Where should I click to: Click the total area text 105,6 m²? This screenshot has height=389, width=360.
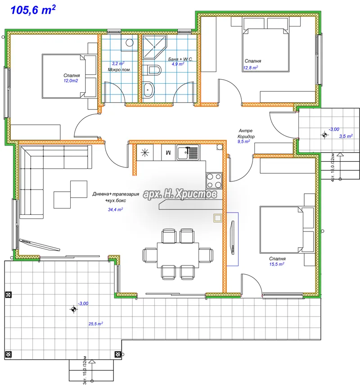[33, 10]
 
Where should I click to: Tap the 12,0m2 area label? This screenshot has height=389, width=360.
[71, 81]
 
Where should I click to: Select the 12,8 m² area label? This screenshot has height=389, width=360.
[251, 68]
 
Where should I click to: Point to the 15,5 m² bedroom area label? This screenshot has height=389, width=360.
[277, 264]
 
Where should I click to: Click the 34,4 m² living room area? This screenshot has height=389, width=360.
[115, 209]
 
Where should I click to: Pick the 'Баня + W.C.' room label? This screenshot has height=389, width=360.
[180, 59]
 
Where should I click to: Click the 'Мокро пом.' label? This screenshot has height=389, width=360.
[119, 70]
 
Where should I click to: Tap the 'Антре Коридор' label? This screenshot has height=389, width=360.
[246, 133]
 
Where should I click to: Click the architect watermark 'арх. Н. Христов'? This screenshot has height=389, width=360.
[180, 194]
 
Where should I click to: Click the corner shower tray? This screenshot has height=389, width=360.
[154, 47]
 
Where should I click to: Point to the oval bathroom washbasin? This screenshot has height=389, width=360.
[149, 90]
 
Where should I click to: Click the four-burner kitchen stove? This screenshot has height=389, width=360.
[214, 181]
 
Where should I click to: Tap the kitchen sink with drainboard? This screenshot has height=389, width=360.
[188, 153]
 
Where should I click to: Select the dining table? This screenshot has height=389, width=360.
[178, 255]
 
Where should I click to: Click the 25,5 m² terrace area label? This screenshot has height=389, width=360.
[96, 324]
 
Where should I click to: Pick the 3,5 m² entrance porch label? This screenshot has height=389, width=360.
[346, 136]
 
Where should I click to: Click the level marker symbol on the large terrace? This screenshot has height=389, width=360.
[73, 309]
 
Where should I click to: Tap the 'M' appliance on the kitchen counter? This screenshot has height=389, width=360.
[169, 152]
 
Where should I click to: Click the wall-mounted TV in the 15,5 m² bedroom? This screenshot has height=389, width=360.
[233, 237]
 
